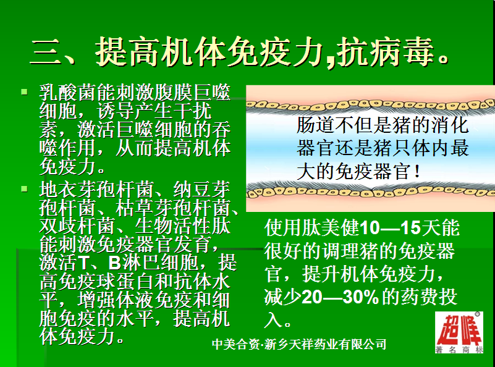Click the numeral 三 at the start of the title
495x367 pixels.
click(x=46, y=52)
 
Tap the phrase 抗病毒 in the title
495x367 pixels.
click(x=384, y=52)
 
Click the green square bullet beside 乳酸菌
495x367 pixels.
click(x=24, y=92)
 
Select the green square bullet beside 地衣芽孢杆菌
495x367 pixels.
click(x=24, y=189)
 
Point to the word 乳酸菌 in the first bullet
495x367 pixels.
click(x=68, y=93)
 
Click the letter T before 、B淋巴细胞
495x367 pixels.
click(x=82, y=263)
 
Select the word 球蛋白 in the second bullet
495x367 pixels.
click(x=125, y=281)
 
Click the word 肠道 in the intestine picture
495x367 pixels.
click(x=316, y=125)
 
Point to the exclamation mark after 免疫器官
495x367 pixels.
click(x=417, y=172)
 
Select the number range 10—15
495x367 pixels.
click(x=390, y=228)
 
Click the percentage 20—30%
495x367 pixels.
click(x=341, y=297)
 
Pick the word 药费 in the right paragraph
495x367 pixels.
click(x=420, y=297)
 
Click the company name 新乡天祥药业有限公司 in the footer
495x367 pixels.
click(x=325, y=344)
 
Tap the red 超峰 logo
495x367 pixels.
click(x=460, y=329)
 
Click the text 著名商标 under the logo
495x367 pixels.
click(x=459, y=349)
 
